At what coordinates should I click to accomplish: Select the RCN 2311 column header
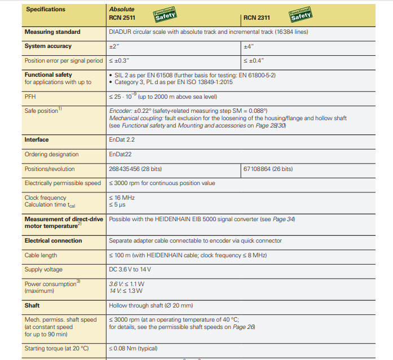pos(257,17)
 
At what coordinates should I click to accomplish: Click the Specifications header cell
pos(46,10)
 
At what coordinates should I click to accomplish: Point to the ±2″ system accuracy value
pos(113,46)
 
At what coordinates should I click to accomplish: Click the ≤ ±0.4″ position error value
pos(254,60)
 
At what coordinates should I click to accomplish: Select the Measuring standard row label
pos(52,32)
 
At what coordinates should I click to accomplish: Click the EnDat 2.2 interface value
pos(122,140)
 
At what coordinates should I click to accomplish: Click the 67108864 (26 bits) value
pos(268,169)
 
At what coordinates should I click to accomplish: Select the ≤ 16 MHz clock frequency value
pos(122,198)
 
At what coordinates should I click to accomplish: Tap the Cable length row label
pos(41,255)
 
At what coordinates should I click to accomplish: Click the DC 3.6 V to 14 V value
pos(130,270)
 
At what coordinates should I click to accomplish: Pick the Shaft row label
pos(33,305)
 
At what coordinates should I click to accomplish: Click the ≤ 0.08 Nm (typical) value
pos(133,349)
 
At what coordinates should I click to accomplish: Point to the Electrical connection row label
pos(53,240)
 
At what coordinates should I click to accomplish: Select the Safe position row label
pos(42,111)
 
